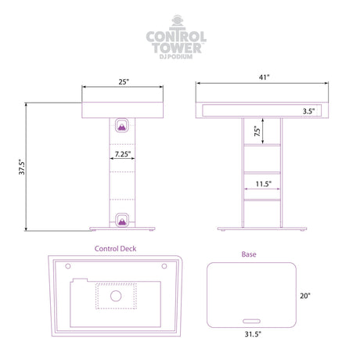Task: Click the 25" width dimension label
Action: coord(124,81)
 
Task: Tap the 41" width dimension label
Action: coord(264,77)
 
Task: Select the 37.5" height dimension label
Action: coord(22,167)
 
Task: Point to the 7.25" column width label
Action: coord(123,154)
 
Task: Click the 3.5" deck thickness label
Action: coord(308,111)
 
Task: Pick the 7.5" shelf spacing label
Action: coord(257,131)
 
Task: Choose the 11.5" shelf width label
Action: coord(264,184)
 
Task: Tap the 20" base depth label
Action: coord(305,296)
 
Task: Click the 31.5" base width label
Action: coord(253,334)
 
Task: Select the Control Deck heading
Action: coord(115,249)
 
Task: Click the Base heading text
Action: coord(249,254)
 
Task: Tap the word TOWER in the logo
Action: coord(177,48)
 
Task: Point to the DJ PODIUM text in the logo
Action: coord(176,56)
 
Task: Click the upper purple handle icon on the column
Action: coord(122,125)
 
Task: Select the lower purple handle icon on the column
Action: coord(122,220)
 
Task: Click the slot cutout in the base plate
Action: coord(251,321)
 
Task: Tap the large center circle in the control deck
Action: coord(116,296)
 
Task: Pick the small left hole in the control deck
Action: coord(68,266)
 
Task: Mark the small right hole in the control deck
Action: coord(164,266)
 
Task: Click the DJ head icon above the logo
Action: coord(178,22)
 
